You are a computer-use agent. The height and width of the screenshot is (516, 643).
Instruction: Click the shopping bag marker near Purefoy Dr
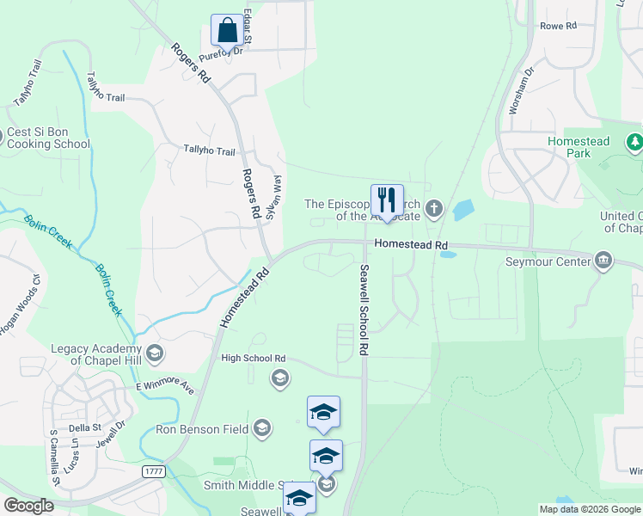click(x=227, y=31)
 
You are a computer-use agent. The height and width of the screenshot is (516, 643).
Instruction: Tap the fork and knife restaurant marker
click(x=387, y=200)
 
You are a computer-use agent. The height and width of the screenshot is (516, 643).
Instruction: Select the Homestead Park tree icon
click(x=634, y=142)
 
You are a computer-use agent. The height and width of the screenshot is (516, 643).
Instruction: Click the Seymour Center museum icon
click(x=603, y=261)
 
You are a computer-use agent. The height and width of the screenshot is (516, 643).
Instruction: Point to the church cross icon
click(x=435, y=207)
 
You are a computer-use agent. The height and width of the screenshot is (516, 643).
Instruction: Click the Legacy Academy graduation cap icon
click(x=155, y=353)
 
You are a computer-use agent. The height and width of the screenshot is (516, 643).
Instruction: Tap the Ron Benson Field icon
click(x=262, y=427)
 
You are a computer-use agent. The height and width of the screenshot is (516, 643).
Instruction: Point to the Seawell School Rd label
click(x=364, y=310)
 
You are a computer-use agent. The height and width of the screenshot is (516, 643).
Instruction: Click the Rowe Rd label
click(x=558, y=26)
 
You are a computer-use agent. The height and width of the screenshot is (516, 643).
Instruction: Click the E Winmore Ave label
click(x=165, y=389)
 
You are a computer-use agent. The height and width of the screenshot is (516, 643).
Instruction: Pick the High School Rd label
click(x=253, y=358)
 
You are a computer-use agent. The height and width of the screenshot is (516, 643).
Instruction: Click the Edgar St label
click(x=248, y=26)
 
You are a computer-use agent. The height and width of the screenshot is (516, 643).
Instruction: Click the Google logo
click(x=28, y=505)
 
